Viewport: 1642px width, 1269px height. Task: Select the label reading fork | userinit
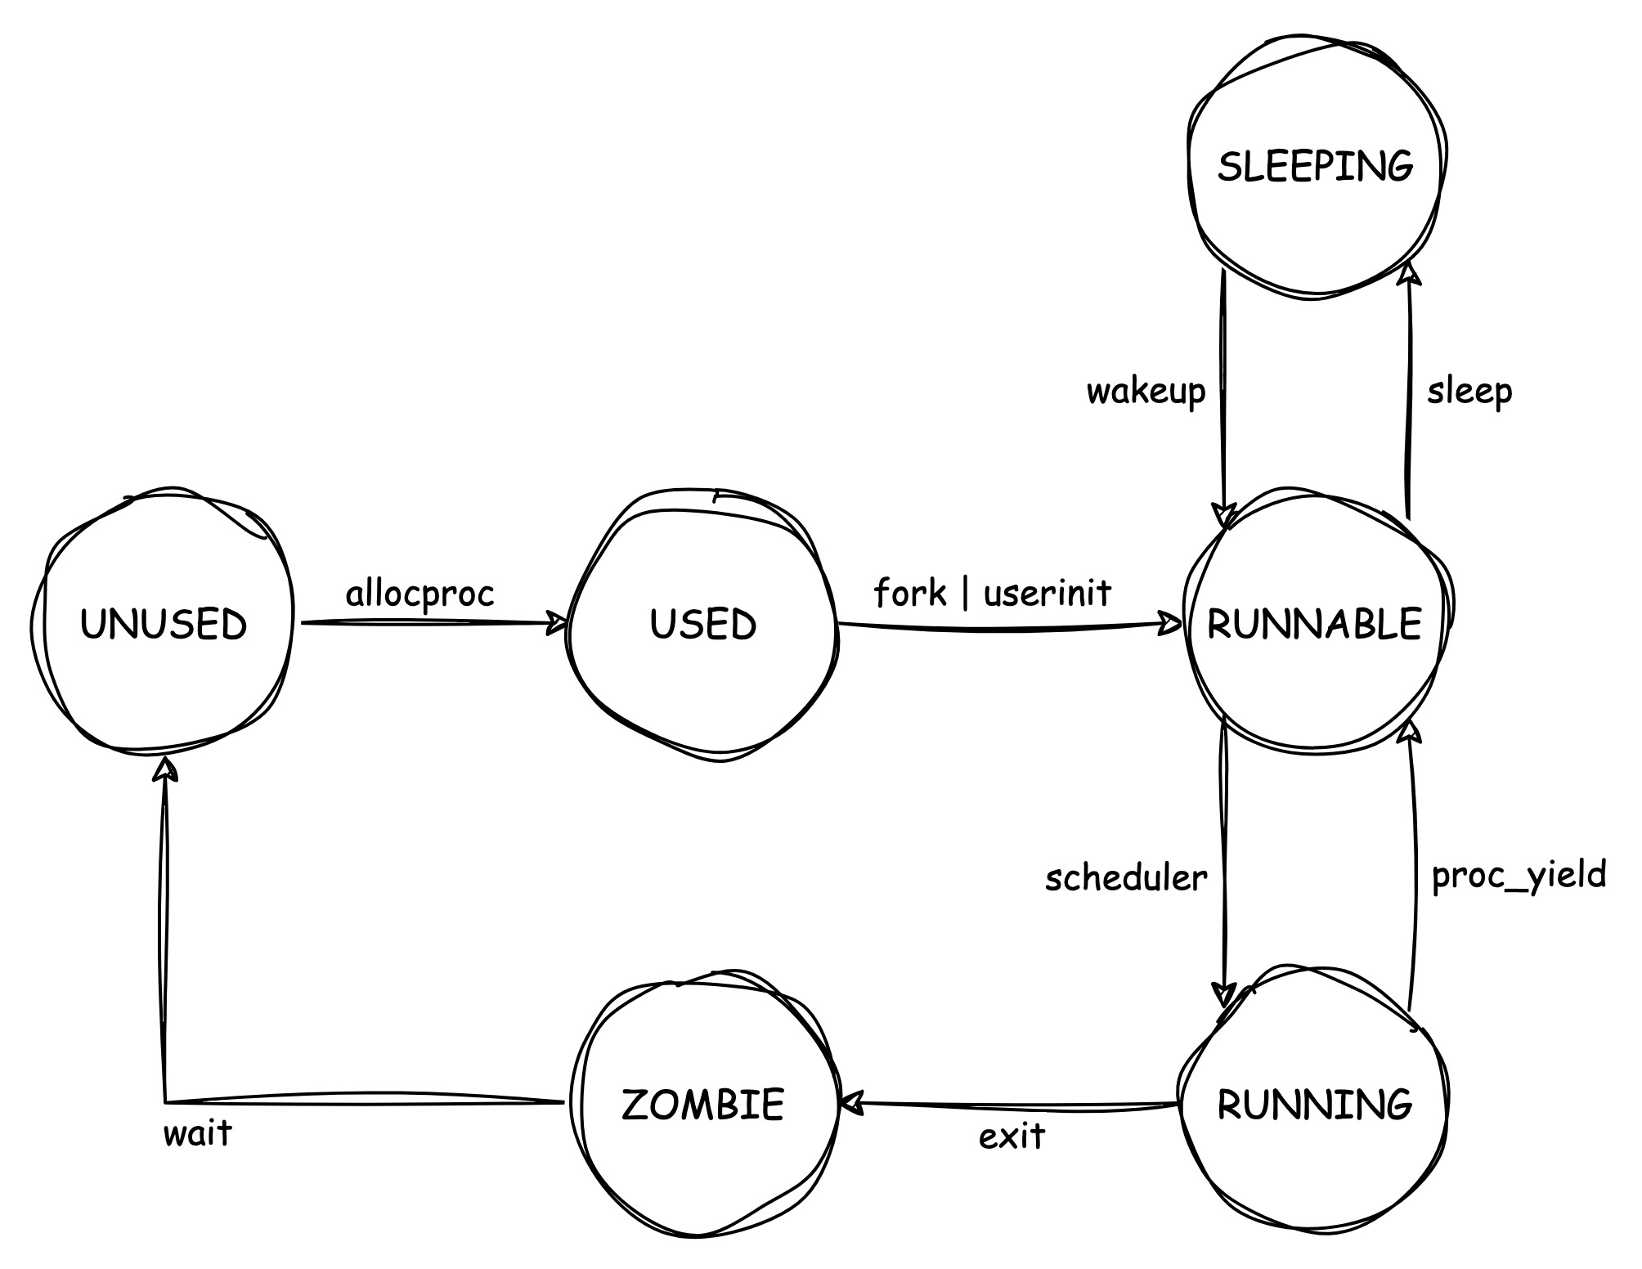(x=993, y=593)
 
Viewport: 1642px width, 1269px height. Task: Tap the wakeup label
(x=1146, y=392)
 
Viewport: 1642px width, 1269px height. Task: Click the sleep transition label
(x=1469, y=392)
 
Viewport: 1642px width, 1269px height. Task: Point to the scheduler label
(x=1126, y=878)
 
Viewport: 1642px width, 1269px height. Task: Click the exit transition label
(x=1012, y=1137)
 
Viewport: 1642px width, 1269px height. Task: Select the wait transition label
(x=198, y=1133)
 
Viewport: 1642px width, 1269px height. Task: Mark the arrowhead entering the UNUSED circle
(x=165, y=769)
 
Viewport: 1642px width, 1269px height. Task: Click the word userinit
(x=1048, y=593)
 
